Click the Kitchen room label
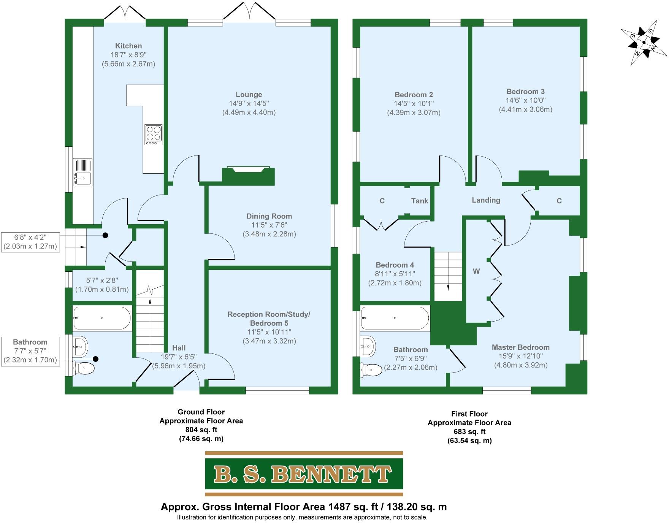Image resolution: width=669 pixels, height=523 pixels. (128, 46)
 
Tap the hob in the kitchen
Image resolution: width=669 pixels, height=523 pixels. (154, 135)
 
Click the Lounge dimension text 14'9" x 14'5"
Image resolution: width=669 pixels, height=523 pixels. (249, 103)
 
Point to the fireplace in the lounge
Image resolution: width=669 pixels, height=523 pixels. (248, 176)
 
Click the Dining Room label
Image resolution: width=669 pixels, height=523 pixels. (269, 216)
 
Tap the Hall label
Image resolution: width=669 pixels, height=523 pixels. (179, 348)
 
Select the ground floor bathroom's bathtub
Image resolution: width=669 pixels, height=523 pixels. (102, 318)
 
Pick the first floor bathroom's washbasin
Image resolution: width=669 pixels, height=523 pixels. (368, 346)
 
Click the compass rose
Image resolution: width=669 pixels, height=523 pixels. (644, 42)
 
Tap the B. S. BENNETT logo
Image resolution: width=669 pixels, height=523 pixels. (304, 474)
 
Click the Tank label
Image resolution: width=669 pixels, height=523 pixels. (420, 201)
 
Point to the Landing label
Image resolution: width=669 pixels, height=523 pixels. (486, 200)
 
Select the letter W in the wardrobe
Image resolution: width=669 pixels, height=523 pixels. (476, 271)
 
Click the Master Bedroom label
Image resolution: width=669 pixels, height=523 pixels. (520, 347)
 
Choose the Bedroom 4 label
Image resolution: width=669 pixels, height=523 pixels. (395, 265)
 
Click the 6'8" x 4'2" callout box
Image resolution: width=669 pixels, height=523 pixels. (30, 242)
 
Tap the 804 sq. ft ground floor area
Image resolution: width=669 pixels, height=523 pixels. (201, 430)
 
